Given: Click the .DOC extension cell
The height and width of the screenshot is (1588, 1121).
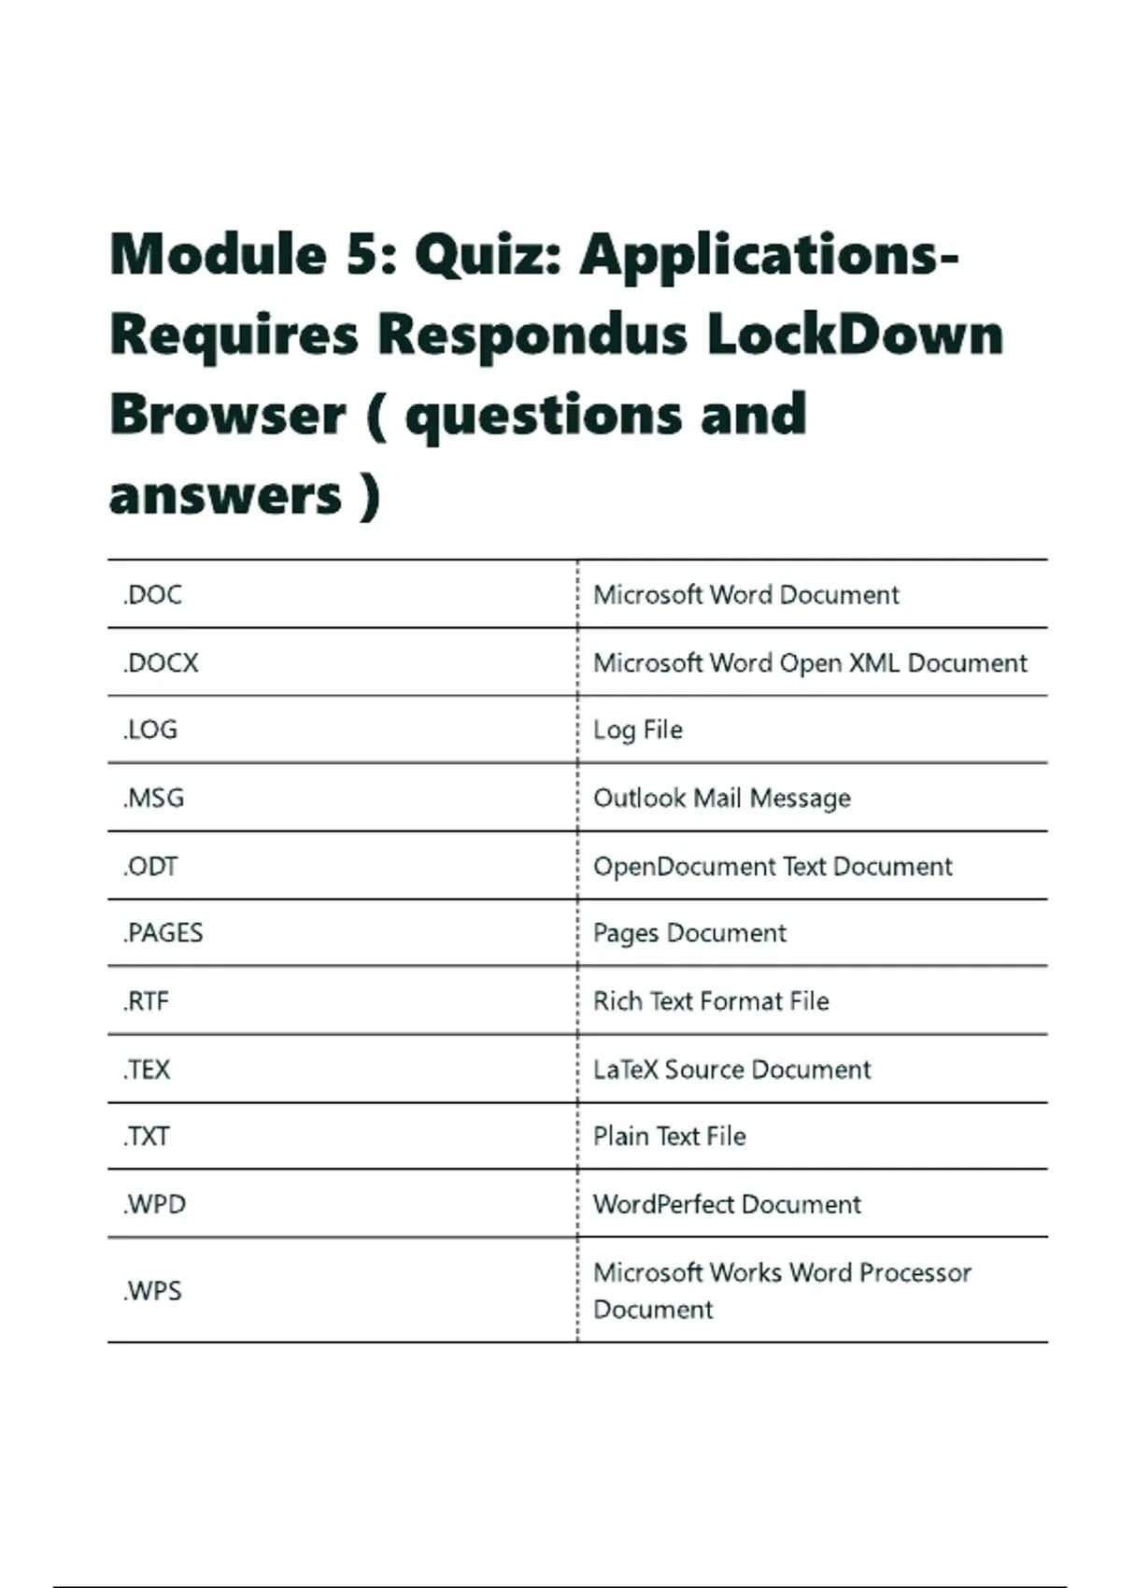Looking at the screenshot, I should (152, 595).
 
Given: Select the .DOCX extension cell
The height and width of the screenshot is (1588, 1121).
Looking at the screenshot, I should (161, 663).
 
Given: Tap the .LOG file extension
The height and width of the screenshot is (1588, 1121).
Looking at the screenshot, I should (150, 730).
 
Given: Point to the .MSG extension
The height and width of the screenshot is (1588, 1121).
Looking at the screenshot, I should (153, 798).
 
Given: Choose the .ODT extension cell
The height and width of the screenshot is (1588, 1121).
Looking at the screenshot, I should (150, 866).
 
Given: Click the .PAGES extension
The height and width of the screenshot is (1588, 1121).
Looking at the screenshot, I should (163, 933).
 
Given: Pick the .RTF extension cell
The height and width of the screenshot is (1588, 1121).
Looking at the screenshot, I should (146, 1001).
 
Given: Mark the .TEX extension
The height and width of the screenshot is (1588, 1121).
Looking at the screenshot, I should (147, 1070).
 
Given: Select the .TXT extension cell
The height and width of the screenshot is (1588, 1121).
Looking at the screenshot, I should (147, 1137).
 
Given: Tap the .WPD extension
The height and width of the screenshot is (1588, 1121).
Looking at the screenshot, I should (154, 1204).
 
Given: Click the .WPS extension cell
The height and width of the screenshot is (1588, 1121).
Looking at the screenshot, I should (152, 1291).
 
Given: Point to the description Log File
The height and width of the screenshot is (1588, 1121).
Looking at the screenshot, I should (638, 730).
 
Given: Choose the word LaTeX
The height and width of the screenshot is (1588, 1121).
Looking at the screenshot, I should (626, 1070).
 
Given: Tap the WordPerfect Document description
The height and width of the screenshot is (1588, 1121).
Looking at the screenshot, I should (727, 1204).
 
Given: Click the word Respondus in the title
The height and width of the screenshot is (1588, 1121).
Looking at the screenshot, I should (532, 334).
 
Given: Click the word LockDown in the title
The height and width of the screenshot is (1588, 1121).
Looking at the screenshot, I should (855, 334).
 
